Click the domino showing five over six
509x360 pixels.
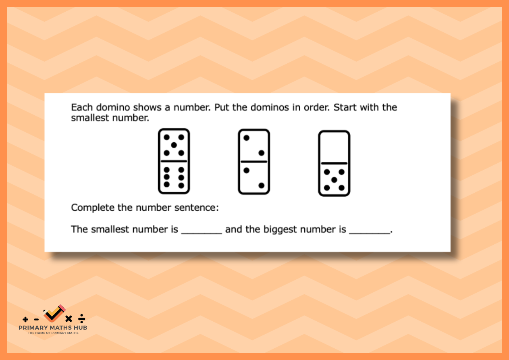coord(174,161)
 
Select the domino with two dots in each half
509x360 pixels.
coord(254,162)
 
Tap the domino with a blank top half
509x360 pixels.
coord(334,163)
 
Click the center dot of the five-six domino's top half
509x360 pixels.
coord(174,145)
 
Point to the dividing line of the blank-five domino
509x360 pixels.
coord(334,163)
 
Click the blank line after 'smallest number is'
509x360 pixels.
coord(202,233)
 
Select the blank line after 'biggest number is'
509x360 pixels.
coord(370,233)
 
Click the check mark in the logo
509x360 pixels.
coord(54,314)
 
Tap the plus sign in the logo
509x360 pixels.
coord(25,319)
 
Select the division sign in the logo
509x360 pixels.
coord(81,318)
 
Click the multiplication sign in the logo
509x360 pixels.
coord(69,319)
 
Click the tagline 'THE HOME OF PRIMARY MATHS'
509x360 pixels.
coord(53,333)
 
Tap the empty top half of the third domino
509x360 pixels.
coord(334,147)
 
